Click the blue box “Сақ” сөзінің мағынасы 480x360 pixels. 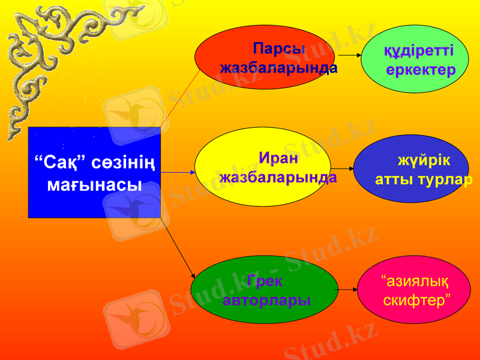94,172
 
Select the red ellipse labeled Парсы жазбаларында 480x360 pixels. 264,57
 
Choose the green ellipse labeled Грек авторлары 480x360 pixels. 264,290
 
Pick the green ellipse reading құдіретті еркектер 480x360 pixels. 415,59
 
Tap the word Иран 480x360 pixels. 278,158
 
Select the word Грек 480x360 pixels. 265,280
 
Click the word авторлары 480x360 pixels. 266,300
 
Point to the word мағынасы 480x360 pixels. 94,184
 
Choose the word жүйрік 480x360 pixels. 424,161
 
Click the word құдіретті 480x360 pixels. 419,50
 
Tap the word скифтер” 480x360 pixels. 418,298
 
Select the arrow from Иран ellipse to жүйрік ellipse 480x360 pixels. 343,169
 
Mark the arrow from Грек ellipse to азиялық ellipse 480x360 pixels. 346,290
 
